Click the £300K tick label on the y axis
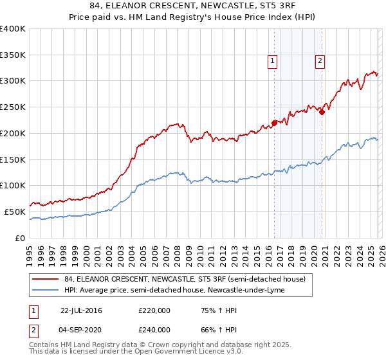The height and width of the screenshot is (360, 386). [13, 81]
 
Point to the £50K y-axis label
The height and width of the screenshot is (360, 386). [15, 212]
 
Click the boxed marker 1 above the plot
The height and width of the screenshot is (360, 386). [273, 61]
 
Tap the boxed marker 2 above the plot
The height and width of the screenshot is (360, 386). [320, 61]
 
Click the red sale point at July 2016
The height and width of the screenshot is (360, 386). [274, 122]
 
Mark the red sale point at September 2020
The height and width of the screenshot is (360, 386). [322, 111]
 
